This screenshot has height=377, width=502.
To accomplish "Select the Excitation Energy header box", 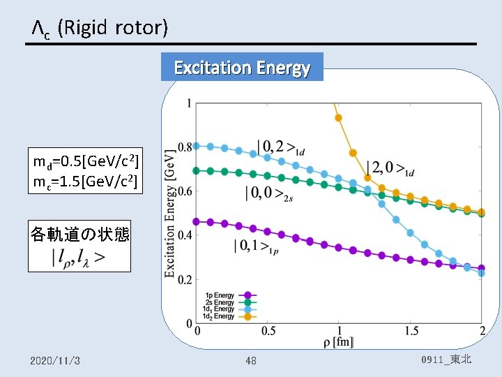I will pos(242,68).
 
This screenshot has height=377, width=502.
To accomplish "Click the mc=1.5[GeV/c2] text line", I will pos(85,184).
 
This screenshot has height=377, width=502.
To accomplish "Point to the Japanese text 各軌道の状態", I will pos(79,233).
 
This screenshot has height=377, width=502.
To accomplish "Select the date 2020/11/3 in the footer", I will pos(54,360).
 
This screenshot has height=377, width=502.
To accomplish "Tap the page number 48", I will pos(251,360).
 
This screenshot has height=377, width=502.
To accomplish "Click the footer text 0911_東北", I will pos(446,360).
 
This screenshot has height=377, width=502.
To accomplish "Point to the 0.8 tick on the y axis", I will pos(185,147).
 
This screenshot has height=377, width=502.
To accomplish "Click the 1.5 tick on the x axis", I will pos(411,330).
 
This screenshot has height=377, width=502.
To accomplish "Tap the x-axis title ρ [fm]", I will pos(338,342).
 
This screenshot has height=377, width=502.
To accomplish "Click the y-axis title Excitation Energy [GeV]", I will pos(169,213).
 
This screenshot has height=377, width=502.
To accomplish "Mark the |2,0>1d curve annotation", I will pos(390,168).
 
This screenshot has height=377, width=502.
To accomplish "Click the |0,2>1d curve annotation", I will pos(281,147).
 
